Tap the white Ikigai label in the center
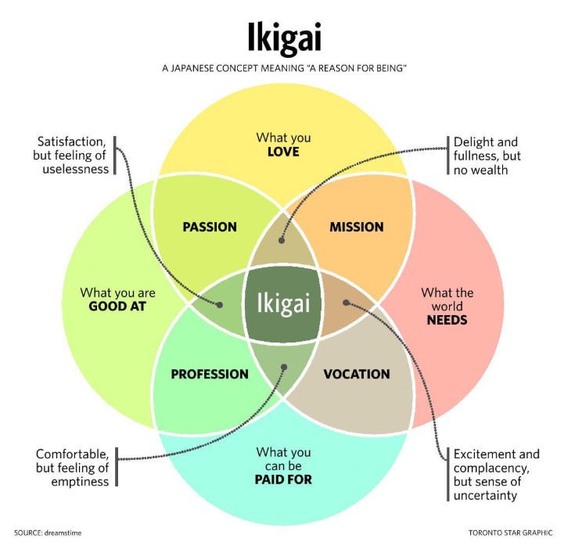[283, 303]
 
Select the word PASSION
[210, 227]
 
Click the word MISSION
[357, 227]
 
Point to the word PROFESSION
[210, 374]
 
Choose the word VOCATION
[357, 374]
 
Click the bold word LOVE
[283, 152]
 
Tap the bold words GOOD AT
[117, 307]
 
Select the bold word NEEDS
[447, 321]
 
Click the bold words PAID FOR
[283, 479]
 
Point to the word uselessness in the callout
[76, 169]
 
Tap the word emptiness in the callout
[80, 482]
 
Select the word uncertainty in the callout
[485, 496]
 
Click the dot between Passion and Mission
[282, 240]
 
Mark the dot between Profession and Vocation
[284, 367]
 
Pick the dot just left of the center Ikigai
[220, 304]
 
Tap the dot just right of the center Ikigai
[346, 303]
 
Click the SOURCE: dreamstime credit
[48, 533]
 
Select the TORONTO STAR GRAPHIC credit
[510, 533]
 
